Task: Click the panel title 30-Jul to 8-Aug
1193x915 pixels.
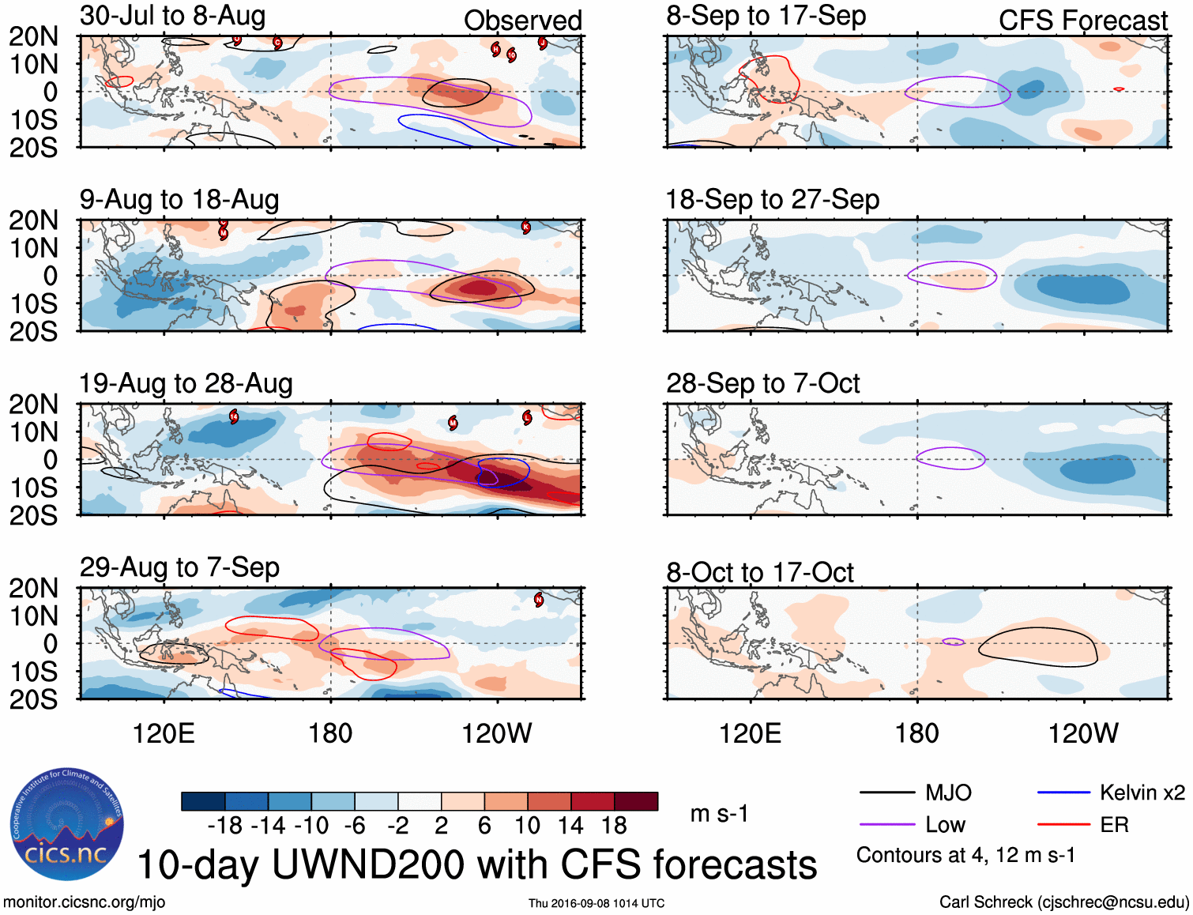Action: [x=172, y=16]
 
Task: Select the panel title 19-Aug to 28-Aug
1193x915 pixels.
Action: [x=186, y=384]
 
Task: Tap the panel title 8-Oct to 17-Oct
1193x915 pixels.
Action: [x=759, y=572]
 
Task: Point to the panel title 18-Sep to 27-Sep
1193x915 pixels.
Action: [x=772, y=200]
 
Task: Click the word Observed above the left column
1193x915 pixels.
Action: [x=522, y=21]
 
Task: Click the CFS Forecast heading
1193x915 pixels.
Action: [x=1082, y=21]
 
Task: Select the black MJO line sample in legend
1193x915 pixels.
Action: [x=886, y=793]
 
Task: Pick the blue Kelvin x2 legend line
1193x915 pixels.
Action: [x=1063, y=793]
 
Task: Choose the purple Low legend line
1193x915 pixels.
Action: [x=886, y=825]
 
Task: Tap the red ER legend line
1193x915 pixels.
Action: [x=1063, y=825]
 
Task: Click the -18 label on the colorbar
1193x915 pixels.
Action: [x=225, y=826]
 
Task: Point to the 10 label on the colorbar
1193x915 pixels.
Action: [x=527, y=826]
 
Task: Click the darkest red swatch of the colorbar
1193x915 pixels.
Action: [x=636, y=801]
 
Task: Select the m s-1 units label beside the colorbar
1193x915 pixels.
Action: [x=719, y=814]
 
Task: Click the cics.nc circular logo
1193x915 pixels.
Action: [x=66, y=825]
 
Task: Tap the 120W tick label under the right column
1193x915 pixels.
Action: [x=1082, y=734]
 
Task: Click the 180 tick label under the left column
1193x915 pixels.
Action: [x=330, y=734]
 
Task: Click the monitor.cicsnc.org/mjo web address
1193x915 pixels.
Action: [x=84, y=902]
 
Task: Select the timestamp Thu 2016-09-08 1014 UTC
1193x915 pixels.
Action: [x=596, y=903]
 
